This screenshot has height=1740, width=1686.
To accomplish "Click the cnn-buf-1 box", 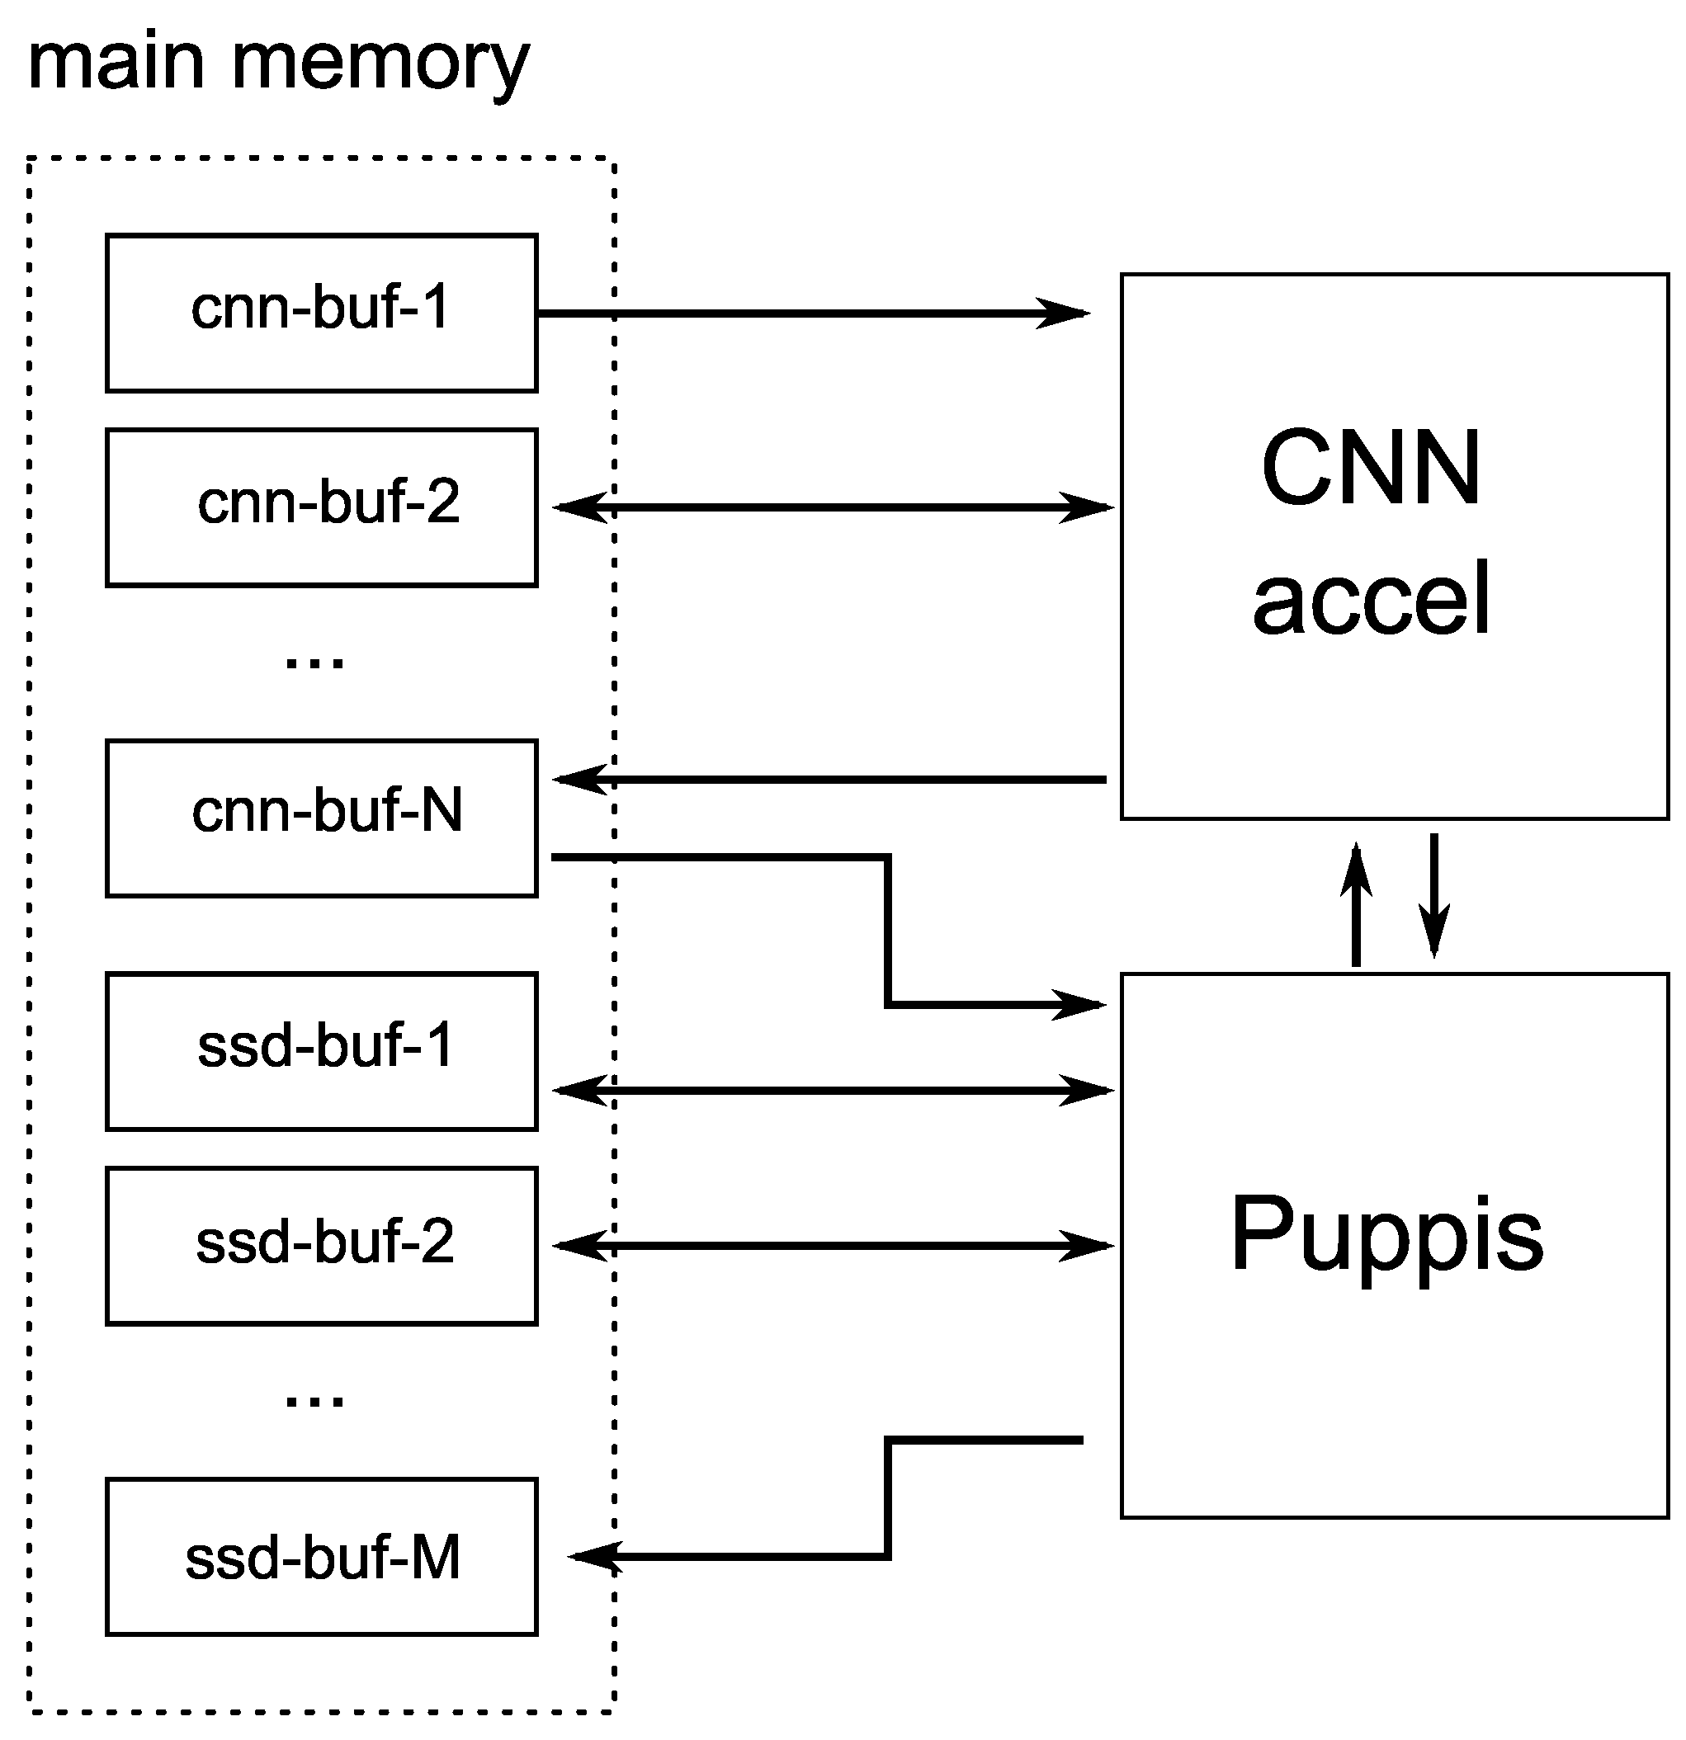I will (x=320, y=313).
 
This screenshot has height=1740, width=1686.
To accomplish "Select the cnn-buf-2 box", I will (x=320, y=507).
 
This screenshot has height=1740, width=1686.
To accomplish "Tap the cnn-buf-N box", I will (x=320, y=818).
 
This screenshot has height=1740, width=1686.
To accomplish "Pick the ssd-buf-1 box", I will (x=320, y=1050).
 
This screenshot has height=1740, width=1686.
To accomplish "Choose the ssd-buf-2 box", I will (x=320, y=1246).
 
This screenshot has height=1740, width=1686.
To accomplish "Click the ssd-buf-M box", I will (x=320, y=1556).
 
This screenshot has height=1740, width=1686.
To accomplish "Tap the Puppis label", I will (x=1386, y=1235).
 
